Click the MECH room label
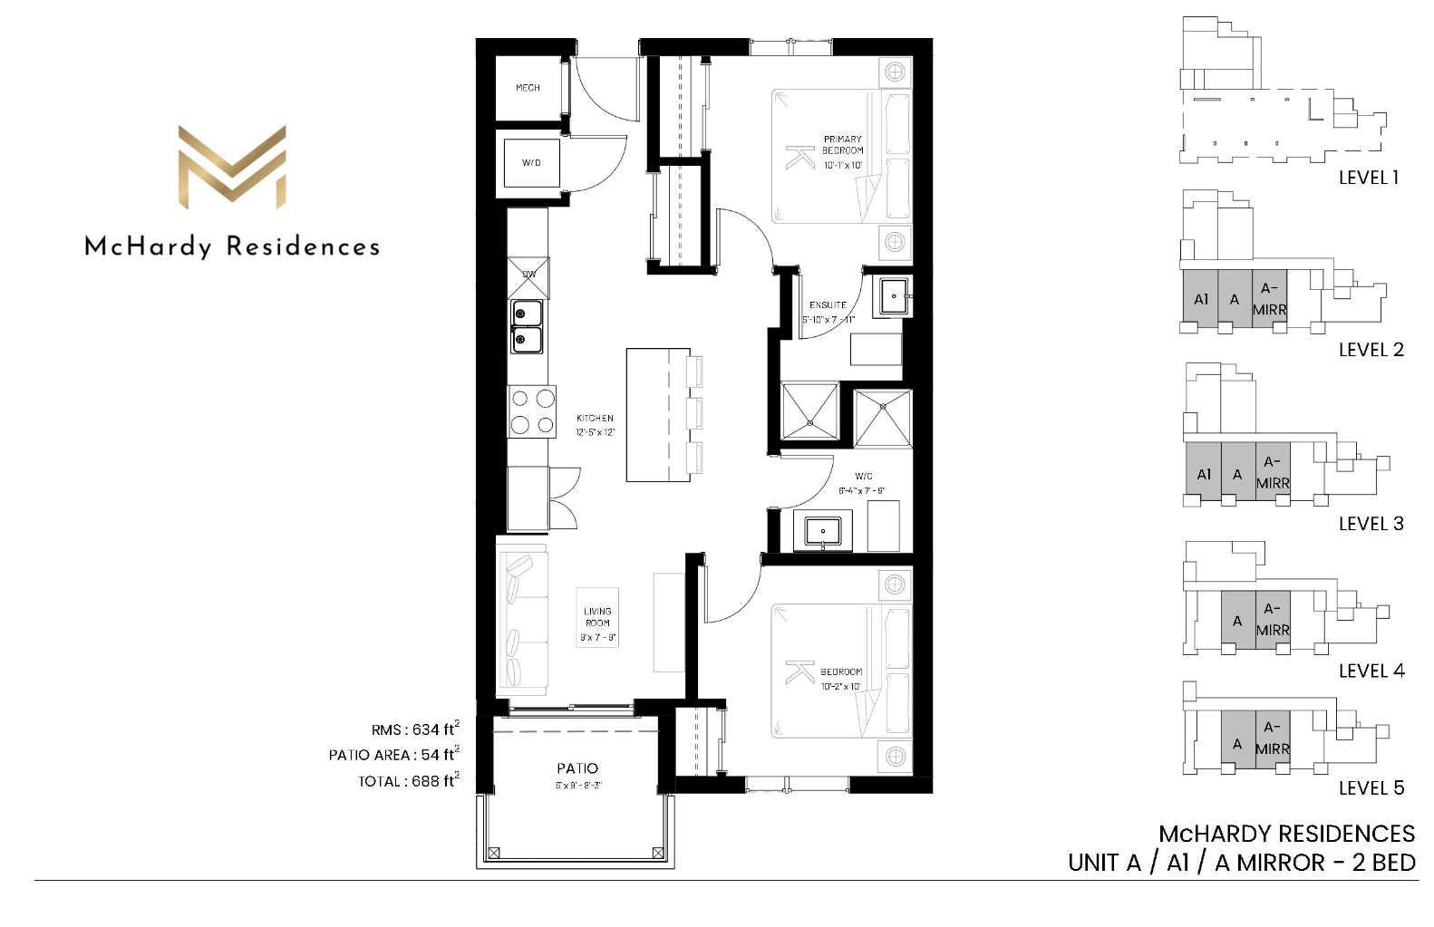(x=528, y=88)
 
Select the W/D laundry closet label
(x=531, y=163)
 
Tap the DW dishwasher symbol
(x=529, y=275)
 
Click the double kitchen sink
(x=527, y=326)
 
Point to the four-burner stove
(x=532, y=411)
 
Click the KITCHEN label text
(x=595, y=419)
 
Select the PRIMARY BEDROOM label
(x=842, y=145)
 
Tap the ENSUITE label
(x=828, y=305)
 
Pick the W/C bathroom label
(x=863, y=477)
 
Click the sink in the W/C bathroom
(x=823, y=531)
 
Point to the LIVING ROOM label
(x=597, y=617)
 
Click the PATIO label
(x=577, y=768)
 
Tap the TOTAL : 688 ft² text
(x=408, y=781)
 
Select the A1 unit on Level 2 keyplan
(x=1201, y=300)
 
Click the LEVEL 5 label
(x=1371, y=788)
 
